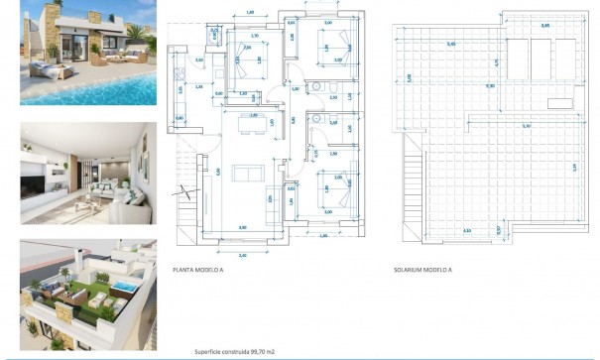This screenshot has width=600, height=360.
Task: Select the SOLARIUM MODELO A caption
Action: click(x=423, y=269)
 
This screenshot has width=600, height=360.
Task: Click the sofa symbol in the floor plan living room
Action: click(x=246, y=173)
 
